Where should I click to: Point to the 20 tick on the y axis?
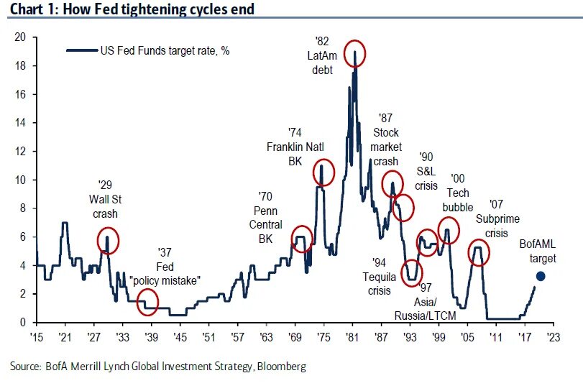coord(22,37)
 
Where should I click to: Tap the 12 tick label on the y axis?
coord(22,151)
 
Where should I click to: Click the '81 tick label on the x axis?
coord(352,336)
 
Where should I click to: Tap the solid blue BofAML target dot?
coord(541,276)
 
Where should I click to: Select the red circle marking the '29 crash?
coord(107,239)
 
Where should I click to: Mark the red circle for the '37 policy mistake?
coord(148,301)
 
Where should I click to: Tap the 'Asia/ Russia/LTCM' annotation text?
coord(426,302)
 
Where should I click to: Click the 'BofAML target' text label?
coord(538,251)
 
